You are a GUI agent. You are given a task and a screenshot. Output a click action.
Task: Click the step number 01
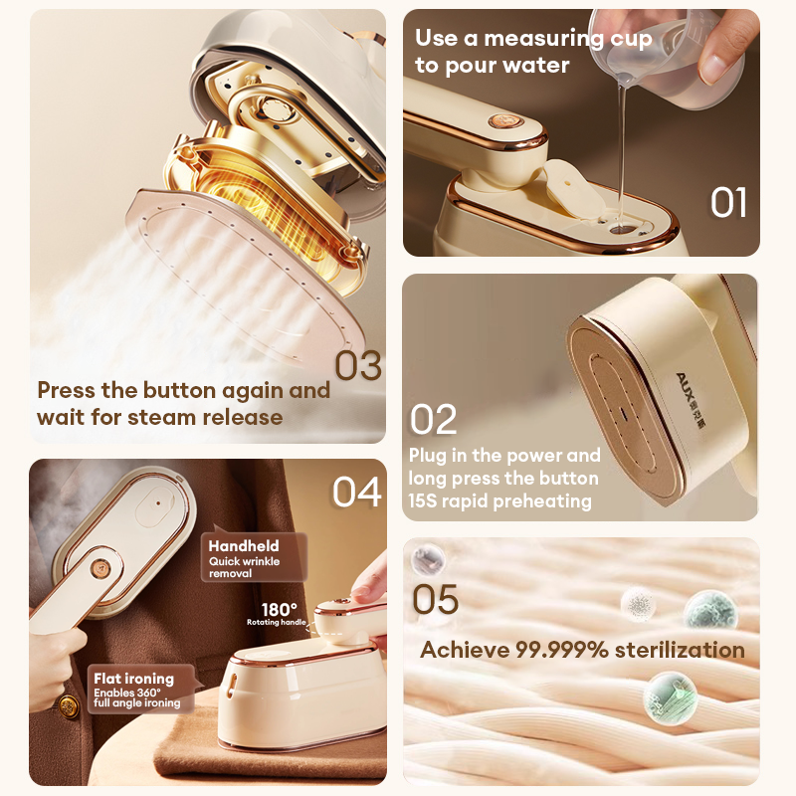(x=728, y=203)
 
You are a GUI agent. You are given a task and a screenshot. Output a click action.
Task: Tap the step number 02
(x=433, y=419)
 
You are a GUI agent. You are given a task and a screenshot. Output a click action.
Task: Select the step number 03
(x=358, y=365)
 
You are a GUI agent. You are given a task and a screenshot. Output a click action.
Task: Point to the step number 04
(x=357, y=492)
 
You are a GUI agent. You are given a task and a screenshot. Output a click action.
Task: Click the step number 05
(x=436, y=600)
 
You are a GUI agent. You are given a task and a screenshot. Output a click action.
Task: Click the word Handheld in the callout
(x=244, y=545)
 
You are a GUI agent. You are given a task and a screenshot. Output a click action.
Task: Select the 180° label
(x=279, y=609)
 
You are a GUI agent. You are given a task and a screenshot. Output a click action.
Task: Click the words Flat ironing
(x=134, y=679)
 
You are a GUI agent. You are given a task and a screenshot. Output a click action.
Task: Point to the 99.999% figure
(x=561, y=650)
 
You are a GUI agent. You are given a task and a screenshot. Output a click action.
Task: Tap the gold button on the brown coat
(x=68, y=705)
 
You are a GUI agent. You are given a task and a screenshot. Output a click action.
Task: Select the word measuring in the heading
(x=543, y=40)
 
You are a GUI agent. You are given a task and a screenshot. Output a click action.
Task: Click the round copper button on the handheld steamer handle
(x=100, y=568)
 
